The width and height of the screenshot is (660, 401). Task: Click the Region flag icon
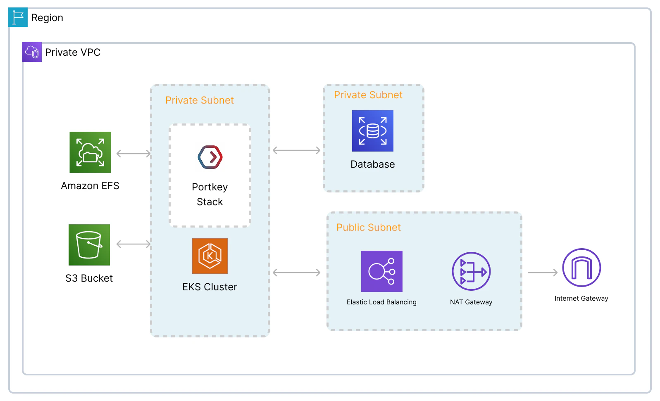18,17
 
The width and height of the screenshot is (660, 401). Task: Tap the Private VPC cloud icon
32,52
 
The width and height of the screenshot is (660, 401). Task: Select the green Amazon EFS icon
90,152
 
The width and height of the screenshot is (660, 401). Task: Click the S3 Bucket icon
89,245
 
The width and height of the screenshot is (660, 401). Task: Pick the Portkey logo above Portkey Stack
210,157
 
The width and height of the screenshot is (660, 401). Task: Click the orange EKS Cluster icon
210,256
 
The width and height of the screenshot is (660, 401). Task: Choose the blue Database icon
373,131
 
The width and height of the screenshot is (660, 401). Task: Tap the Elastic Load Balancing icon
382,271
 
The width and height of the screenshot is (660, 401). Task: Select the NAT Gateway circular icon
471,271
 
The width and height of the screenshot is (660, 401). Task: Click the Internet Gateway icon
581,268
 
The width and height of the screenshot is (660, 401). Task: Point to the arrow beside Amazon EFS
133,154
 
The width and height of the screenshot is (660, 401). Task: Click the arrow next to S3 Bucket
133,244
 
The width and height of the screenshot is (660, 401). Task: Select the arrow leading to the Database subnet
296,150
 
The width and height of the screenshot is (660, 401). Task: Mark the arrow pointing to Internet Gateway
543,273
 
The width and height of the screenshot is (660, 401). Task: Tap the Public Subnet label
369,228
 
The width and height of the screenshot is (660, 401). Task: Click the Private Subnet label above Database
368,95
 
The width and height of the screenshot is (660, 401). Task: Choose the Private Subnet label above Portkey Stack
200,100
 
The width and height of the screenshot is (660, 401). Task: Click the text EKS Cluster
210,287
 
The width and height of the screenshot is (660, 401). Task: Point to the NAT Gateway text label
471,302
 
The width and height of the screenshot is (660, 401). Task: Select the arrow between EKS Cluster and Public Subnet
296,273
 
